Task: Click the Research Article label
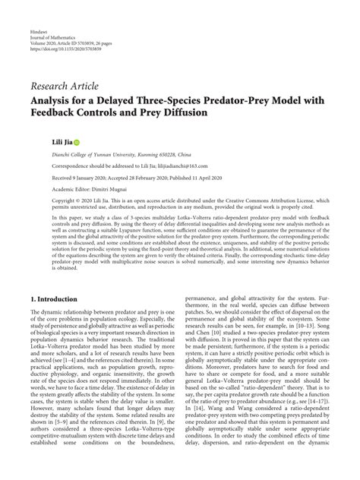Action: pyautogui.click(x=70, y=86)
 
